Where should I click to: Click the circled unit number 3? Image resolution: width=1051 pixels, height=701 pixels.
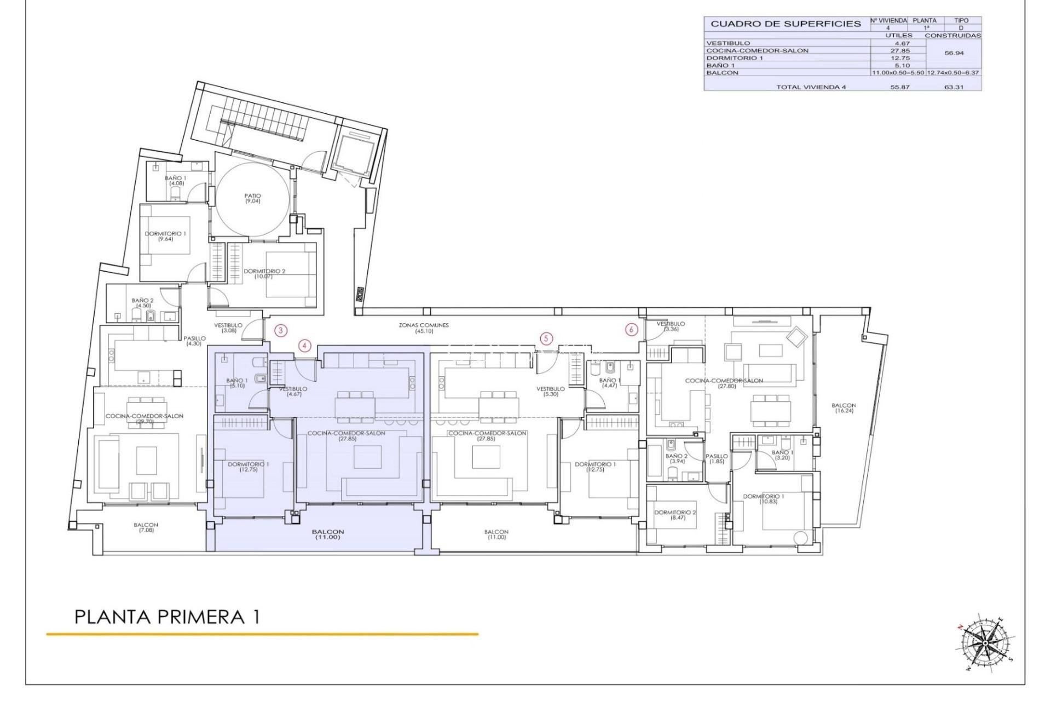pyautogui.click(x=280, y=330)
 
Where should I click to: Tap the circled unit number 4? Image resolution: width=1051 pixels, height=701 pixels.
pyautogui.click(x=305, y=346)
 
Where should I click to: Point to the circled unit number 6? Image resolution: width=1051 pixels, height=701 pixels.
pyautogui.click(x=632, y=330)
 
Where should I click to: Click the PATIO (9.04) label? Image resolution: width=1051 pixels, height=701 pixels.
pyautogui.click(x=253, y=198)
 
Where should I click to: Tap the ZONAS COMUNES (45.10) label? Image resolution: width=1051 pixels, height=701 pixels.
pyautogui.click(x=424, y=328)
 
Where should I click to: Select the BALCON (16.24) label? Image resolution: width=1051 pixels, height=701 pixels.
pyautogui.click(x=844, y=408)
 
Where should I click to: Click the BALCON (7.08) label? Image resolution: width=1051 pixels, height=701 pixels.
pyautogui.click(x=146, y=527)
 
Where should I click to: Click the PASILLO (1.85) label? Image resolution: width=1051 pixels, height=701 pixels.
pyautogui.click(x=717, y=459)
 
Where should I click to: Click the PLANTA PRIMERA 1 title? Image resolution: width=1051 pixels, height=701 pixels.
pyautogui.click(x=167, y=617)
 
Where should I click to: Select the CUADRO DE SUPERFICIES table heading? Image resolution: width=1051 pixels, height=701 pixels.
pyautogui.click(x=786, y=24)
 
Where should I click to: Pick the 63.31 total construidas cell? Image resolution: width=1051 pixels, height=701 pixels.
pyautogui.click(x=954, y=87)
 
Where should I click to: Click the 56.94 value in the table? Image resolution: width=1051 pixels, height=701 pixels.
pyautogui.click(x=954, y=54)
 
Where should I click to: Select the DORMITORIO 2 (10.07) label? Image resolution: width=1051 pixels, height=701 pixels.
pyautogui.click(x=264, y=273)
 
